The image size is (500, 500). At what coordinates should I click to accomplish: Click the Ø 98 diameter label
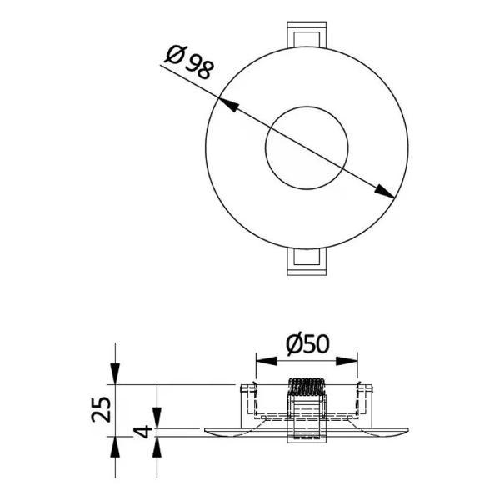189,62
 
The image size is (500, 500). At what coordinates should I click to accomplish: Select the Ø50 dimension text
307,344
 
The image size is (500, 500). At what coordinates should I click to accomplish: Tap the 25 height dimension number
101,409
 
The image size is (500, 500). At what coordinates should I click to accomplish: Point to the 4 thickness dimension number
143,431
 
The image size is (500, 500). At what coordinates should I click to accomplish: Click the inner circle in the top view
307,107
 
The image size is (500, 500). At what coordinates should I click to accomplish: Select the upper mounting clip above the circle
307,34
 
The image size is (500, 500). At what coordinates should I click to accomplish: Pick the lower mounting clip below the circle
307,262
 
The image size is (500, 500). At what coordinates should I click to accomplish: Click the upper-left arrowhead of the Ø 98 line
228,105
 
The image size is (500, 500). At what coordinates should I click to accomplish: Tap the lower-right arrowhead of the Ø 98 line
384,191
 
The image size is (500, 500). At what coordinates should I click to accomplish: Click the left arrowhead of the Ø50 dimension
267,361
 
